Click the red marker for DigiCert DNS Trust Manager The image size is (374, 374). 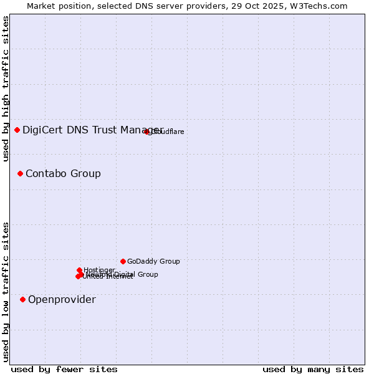tap(17, 130)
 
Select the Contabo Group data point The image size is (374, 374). tap(21, 173)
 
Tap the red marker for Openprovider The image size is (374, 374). tap(23, 300)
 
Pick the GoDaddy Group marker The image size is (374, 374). tap(123, 261)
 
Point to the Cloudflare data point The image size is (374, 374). tap(147, 132)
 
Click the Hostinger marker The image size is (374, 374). tap(80, 271)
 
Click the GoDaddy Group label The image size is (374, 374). tap(153, 262)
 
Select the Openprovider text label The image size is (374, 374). tap(62, 300)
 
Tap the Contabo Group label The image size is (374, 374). tap(63, 173)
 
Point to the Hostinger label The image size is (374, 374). tap(99, 270)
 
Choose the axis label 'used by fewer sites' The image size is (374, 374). tap(64, 369)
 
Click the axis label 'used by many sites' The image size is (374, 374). tap(312, 369)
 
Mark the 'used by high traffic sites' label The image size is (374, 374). tap(6, 89)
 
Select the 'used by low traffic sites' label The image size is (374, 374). tap(6, 291)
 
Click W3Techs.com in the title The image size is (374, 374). tap(322, 6)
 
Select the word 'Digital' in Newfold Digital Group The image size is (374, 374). tap(127, 274)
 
